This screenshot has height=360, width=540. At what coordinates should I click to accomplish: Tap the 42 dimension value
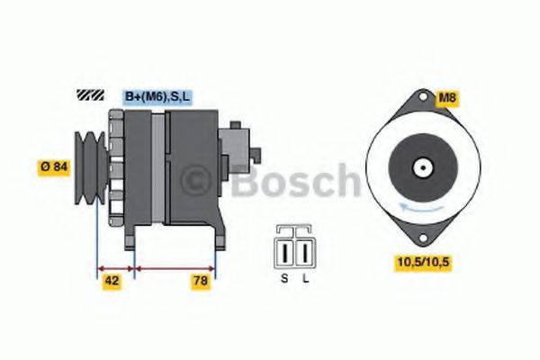[112, 280]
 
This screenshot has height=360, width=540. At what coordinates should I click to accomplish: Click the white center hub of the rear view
[421, 167]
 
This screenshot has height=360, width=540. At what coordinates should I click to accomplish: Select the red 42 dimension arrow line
[114, 267]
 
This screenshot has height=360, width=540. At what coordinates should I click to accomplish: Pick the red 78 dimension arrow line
[175, 267]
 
